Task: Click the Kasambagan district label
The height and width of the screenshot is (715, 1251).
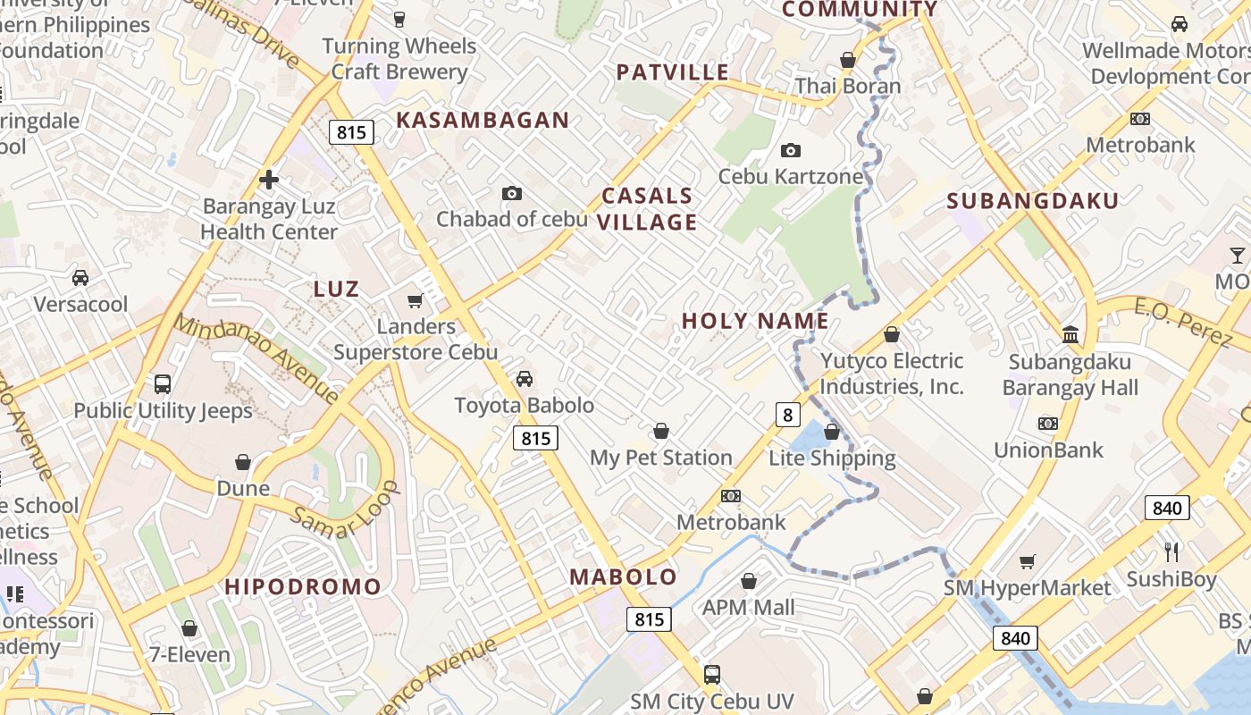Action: coord(483,120)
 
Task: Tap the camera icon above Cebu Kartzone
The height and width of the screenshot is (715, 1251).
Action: coord(791,150)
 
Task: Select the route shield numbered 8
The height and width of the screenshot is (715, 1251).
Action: coord(786,415)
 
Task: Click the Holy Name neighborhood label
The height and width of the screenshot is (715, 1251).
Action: coord(755,321)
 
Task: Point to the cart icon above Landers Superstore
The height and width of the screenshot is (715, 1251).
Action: coord(415,301)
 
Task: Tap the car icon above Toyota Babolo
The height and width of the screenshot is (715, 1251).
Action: coord(525,379)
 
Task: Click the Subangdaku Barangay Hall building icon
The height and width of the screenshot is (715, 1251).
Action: coord(1070,335)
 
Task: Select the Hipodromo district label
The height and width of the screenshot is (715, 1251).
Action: coord(303,587)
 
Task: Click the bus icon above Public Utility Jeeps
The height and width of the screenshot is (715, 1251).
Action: coord(162,384)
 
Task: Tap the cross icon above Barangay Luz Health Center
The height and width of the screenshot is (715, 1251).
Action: coord(268,180)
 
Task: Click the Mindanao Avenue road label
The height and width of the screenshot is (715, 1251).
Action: coord(255,357)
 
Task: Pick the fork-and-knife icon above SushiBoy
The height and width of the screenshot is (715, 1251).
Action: coord(1171,551)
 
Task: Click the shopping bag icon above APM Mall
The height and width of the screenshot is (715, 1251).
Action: coord(749,582)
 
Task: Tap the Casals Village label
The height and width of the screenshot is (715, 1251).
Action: coord(647,209)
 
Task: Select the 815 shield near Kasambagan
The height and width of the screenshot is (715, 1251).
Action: coord(351,133)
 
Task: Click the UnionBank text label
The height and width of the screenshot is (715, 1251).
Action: coord(1049,450)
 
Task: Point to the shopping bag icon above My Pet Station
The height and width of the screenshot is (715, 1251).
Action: coord(661,432)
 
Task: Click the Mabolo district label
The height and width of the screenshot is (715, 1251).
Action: coord(624,577)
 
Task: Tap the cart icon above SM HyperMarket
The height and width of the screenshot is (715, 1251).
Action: coord(1028,561)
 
